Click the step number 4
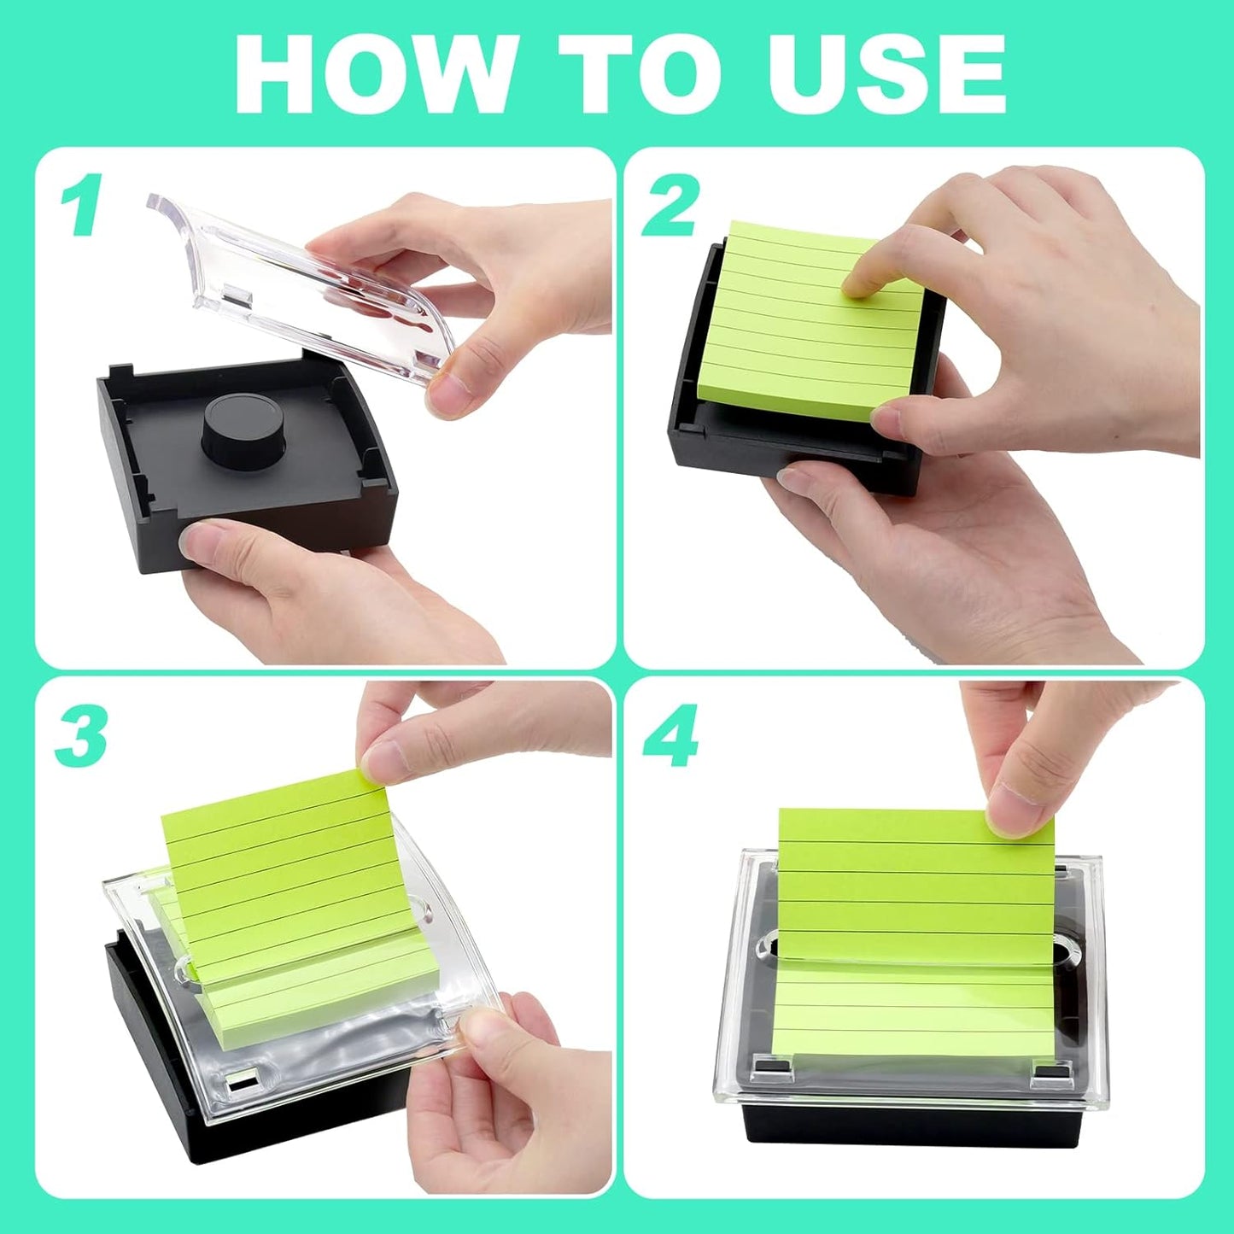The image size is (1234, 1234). pos(671,736)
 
